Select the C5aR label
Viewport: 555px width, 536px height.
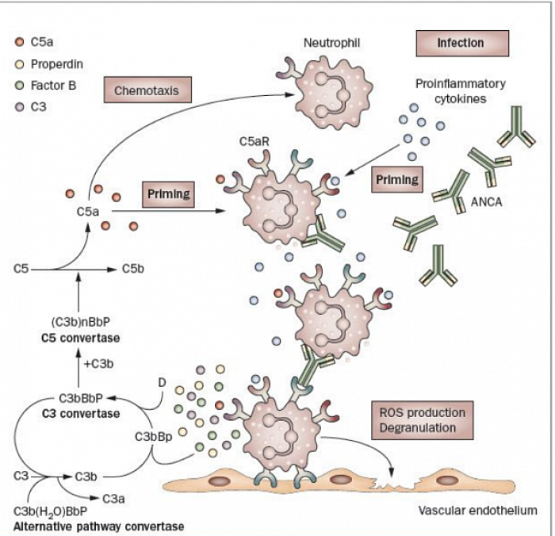click(251, 140)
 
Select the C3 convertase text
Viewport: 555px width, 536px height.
click(88, 413)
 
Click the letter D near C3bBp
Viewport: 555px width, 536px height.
click(162, 383)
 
